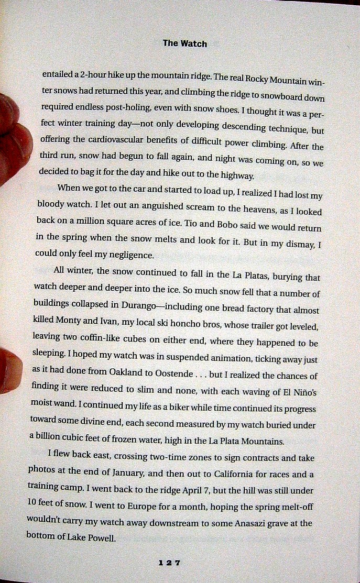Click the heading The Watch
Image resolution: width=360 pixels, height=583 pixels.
[x=184, y=43]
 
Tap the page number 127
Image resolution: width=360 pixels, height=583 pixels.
[x=169, y=563]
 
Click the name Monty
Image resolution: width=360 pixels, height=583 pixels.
[x=79, y=319]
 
